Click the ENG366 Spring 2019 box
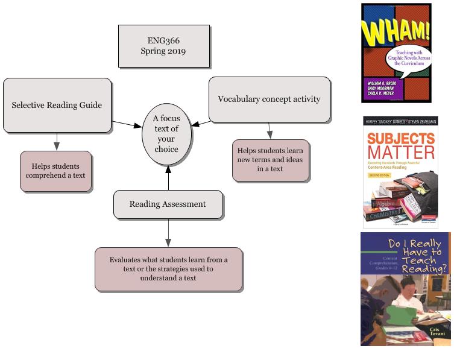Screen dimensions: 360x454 (x=163, y=46)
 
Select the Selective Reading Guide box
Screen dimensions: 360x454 (x=57, y=105)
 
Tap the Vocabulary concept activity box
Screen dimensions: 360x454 (x=269, y=99)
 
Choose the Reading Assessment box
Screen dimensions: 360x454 (x=168, y=204)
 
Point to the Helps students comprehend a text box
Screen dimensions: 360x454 (x=55, y=171)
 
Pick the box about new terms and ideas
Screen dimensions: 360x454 (x=270, y=159)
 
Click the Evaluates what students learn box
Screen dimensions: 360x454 (x=168, y=268)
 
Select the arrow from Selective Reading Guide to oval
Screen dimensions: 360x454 (x=127, y=124)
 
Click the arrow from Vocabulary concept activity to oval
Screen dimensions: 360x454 (x=201, y=124)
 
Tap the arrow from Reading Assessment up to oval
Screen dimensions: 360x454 (x=168, y=176)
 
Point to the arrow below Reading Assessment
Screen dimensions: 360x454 (x=168, y=232)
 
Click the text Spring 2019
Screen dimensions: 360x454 (x=163, y=51)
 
